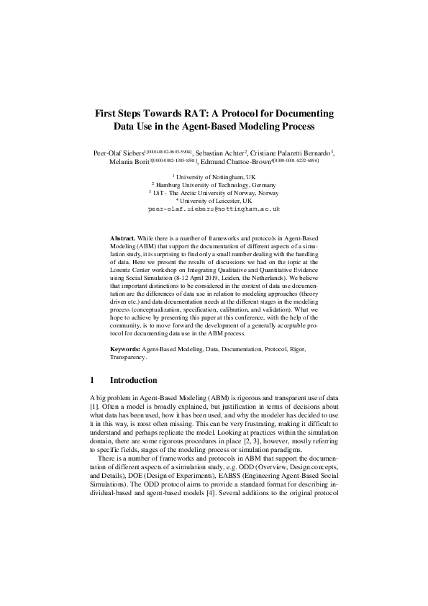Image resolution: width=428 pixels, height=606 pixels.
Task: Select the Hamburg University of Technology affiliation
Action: point(214,186)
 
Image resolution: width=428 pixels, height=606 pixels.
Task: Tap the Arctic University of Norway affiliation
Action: point(214,194)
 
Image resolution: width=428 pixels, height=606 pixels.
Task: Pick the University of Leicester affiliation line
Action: point(214,202)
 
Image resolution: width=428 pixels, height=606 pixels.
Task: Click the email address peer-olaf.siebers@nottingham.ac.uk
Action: point(214,209)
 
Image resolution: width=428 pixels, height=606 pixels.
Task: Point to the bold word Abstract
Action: point(123,237)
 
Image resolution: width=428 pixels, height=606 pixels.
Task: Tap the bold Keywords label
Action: point(125,348)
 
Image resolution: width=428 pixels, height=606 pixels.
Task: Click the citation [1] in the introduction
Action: point(94,405)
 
